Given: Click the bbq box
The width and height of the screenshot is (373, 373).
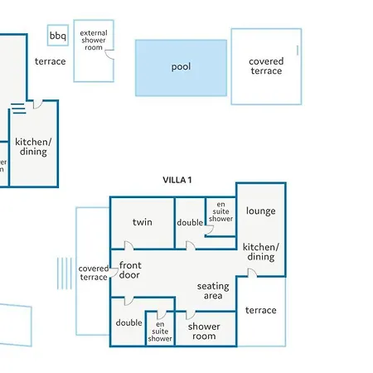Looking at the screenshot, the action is [58, 35].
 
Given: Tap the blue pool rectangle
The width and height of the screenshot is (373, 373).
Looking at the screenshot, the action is [181, 68].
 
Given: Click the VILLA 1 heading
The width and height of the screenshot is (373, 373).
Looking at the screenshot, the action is [177, 180].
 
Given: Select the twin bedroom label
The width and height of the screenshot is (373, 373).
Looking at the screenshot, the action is [143, 222].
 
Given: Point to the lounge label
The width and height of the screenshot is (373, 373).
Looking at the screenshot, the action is [261, 211].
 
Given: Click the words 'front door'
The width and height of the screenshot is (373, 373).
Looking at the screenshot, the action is [130, 270].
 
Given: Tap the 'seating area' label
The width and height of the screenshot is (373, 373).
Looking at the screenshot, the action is [213, 291].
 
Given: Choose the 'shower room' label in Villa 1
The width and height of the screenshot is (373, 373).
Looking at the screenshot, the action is [204, 331].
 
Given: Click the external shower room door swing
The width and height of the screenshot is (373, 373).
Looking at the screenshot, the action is [109, 55].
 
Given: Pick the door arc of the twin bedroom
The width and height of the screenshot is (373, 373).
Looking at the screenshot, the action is [129, 245].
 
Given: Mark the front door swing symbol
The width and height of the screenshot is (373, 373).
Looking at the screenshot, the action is [114, 273].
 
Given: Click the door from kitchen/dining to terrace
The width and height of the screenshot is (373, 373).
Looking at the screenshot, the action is [252, 273].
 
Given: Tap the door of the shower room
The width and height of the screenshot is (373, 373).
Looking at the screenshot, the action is [191, 315].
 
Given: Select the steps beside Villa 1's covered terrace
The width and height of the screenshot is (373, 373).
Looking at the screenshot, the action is [65, 274].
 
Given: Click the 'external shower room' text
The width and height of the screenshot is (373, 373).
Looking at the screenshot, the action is [94, 40].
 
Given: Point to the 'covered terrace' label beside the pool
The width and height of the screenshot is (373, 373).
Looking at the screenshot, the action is [266, 66].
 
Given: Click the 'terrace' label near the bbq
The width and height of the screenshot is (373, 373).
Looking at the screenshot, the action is [51, 61].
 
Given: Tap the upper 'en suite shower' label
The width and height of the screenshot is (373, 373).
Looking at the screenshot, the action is [220, 211].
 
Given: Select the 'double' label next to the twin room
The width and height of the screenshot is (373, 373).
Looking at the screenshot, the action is [190, 222].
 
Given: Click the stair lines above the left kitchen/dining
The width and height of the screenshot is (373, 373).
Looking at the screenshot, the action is [18, 108].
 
